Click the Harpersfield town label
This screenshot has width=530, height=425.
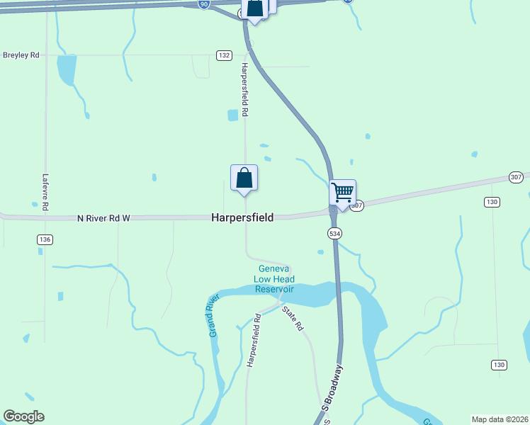coord(242,218)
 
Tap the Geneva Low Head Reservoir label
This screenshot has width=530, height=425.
coord(275,279)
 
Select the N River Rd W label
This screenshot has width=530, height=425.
coord(103,218)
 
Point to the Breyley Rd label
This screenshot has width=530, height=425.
coord(21,55)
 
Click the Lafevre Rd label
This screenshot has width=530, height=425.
coord(45,191)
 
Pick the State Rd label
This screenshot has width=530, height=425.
coord(292,318)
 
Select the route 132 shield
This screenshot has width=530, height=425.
coord(224,55)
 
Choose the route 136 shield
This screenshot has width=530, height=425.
coord(45,240)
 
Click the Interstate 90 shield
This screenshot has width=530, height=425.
coord(204,4)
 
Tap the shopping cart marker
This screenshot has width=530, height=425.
coord(343,192)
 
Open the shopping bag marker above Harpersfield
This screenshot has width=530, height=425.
coord(244,178)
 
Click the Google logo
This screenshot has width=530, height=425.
coord(23,416)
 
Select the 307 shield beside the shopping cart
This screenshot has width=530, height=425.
coord(357,205)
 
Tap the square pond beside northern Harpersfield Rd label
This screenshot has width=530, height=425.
coord(233,115)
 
